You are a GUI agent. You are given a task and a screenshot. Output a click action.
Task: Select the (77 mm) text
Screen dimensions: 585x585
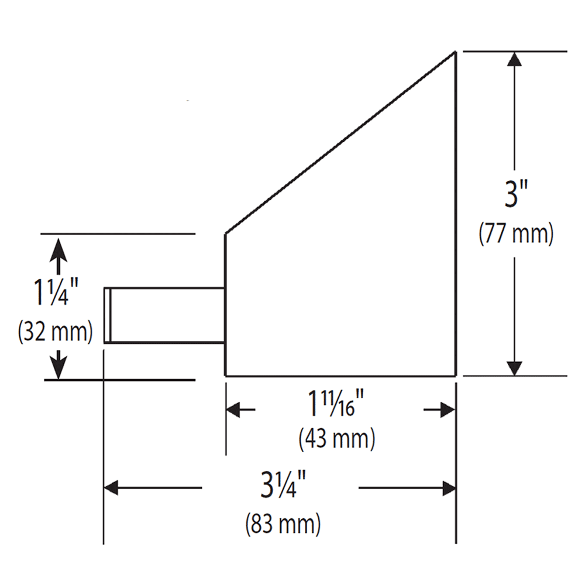516,234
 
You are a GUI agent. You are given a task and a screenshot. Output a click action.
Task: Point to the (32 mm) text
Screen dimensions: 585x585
56,332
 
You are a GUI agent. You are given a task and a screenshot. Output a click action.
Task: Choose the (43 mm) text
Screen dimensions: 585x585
337,439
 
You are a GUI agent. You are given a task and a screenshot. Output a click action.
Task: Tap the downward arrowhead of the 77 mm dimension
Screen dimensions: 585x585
514,367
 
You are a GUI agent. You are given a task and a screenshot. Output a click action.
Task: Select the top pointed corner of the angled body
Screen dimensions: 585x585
455,53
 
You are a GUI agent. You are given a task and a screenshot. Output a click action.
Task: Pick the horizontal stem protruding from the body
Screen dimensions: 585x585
167,315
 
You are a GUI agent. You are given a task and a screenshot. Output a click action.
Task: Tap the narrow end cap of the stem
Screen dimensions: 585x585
107,315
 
